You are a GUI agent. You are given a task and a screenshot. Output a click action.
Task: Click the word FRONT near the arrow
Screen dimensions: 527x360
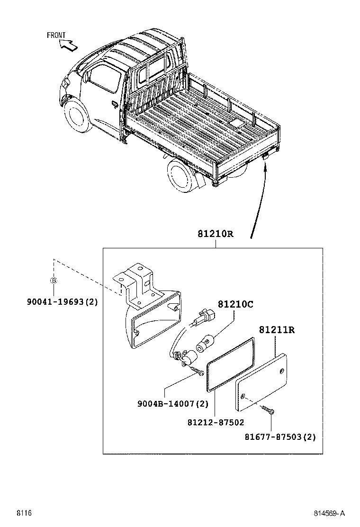click(x=56, y=35)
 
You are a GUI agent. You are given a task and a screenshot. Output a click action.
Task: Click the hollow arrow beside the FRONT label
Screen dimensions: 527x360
click(x=67, y=45)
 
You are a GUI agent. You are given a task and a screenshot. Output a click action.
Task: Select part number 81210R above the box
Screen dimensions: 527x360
click(x=216, y=234)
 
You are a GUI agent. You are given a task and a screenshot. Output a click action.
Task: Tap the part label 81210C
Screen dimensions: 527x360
click(x=235, y=304)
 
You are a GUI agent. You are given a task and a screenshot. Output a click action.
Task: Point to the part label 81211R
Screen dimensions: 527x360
click(x=277, y=330)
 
